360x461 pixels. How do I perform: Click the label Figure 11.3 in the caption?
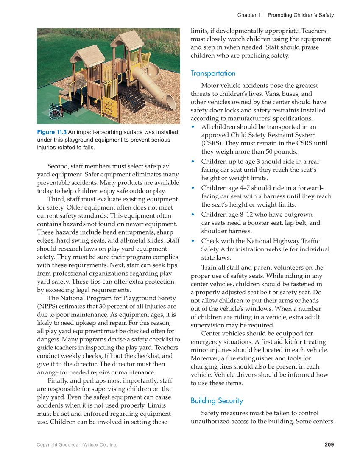[52, 132]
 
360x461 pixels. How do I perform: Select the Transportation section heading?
[213, 73]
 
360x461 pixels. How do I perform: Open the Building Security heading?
[217, 401]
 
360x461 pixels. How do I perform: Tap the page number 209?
[329, 444]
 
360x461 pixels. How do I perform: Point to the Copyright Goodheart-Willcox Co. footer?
[77, 445]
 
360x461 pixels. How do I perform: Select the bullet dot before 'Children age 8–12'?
[193, 215]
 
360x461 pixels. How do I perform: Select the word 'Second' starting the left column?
[59, 166]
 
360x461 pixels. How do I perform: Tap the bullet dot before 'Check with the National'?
[193, 241]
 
